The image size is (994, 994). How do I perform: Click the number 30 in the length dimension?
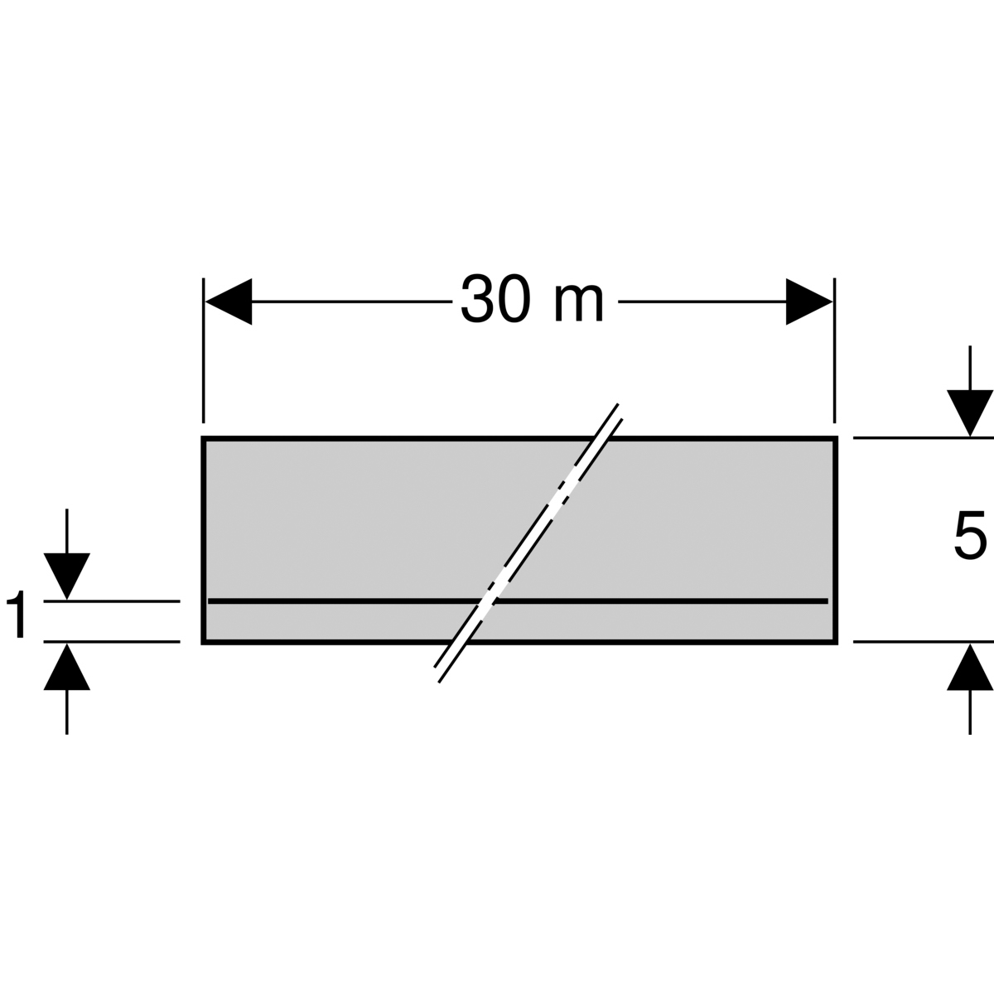click(x=495, y=299)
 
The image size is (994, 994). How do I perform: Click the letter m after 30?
click(x=578, y=304)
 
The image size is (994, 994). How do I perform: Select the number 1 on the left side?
click(x=17, y=614)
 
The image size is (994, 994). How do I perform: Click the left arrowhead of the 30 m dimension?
click(x=229, y=302)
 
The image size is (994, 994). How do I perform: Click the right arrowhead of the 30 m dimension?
click(x=808, y=302)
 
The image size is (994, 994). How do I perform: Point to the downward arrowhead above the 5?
click(x=970, y=413)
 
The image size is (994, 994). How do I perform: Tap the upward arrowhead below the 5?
click(x=970, y=667)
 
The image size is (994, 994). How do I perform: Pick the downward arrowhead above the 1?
click(x=67, y=577)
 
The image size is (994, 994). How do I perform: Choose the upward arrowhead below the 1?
click(x=67, y=667)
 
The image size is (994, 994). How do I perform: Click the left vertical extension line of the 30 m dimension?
click(x=204, y=350)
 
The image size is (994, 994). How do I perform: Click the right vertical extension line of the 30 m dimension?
click(x=834, y=350)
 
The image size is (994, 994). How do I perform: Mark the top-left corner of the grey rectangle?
click(x=203, y=438)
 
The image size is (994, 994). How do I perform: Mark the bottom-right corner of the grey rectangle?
click(x=836, y=643)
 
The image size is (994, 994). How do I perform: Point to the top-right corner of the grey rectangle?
click(x=836, y=438)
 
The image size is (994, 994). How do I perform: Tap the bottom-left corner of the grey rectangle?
click(x=203, y=643)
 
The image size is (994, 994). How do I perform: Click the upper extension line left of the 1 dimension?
click(x=112, y=601)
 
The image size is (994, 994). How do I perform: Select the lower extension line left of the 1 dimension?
click(x=112, y=642)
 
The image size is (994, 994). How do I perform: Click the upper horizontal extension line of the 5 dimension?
click(x=924, y=438)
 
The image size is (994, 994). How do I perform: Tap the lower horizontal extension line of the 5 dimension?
click(x=924, y=642)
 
